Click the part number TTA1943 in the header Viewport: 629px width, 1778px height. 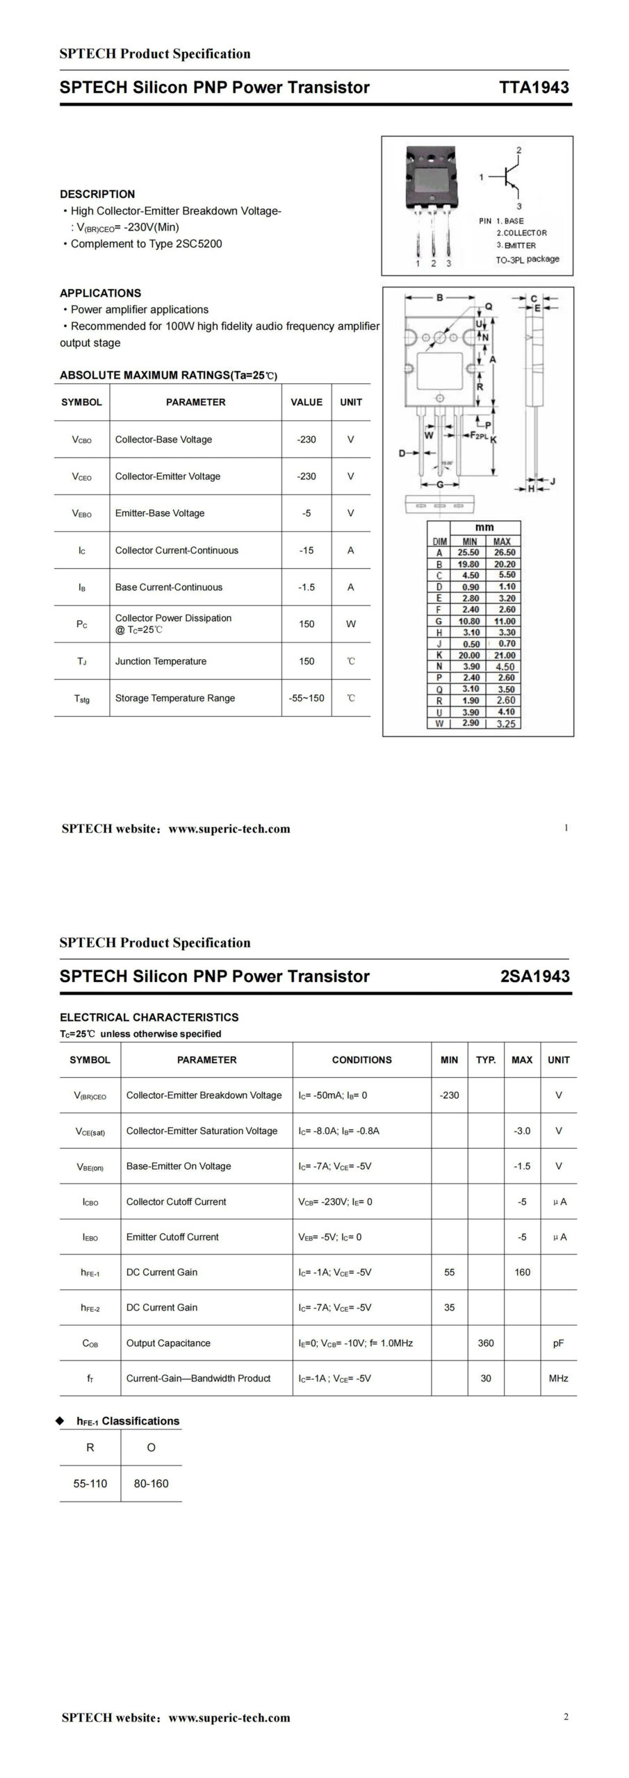[x=534, y=88]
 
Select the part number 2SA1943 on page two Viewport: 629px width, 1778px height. [x=534, y=976]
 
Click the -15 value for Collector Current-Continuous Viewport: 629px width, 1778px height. [x=307, y=550]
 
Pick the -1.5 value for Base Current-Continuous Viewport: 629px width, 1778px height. [x=307, y=587]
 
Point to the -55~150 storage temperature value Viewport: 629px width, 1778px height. [x=307, y=698]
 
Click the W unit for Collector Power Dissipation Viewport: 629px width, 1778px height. [x=350, y=624]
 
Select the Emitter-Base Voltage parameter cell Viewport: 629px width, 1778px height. [x=160, y=513]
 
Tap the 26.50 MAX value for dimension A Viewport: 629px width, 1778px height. [x=505, y=553]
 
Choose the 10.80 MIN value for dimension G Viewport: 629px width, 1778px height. [x=469, y=621]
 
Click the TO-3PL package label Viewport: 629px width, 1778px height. [x=527, y=259]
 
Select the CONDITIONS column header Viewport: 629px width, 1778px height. [x=361, y=1060]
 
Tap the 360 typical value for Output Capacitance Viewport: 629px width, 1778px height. [x=486, y=1343]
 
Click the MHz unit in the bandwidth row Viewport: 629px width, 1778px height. [x=558, y=1378]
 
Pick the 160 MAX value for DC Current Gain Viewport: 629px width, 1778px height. [x=522, y=1272]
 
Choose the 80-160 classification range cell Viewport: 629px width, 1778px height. [x=151, y=1484]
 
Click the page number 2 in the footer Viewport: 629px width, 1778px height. [x=566, y=1717]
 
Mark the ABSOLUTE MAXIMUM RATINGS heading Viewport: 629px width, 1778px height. [x=168, y=376]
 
